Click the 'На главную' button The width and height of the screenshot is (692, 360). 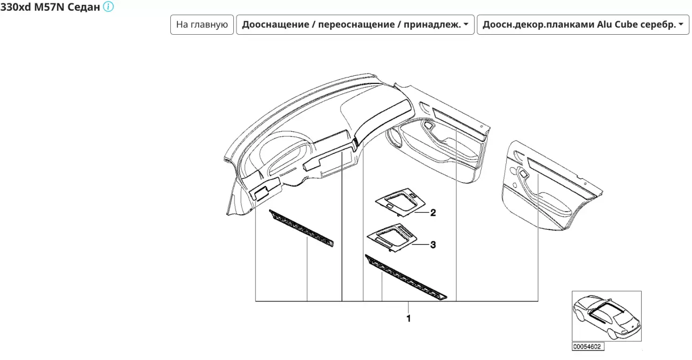[202, 25]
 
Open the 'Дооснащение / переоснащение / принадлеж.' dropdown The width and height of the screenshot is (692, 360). [355, 25]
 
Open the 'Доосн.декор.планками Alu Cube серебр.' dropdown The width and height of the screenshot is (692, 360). [583, 25]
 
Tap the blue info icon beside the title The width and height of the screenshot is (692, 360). [108, 6]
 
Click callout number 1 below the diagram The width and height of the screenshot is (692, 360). [408, 318]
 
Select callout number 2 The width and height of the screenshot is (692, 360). [433, 213]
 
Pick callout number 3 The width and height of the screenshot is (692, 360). [433, 245]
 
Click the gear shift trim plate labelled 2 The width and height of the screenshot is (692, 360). [400, 202]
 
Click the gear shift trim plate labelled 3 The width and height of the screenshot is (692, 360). [392, 237]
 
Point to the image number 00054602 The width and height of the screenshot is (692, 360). [587, 347]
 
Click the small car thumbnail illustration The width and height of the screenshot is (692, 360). [607, 316]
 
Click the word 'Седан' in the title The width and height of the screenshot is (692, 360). [83, 7]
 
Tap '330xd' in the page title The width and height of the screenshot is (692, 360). [16, 7]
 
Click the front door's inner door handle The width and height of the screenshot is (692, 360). [428, 125]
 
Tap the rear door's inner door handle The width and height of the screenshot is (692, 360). [523, 174]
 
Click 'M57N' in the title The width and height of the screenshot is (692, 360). [49, 7]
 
